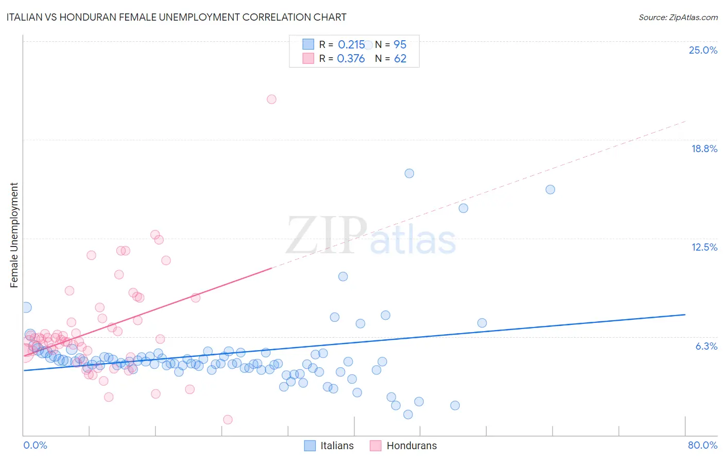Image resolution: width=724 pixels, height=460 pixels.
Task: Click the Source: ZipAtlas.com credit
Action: [x=678, y=17]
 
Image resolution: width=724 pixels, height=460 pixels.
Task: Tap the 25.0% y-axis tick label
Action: [x=703, y=50]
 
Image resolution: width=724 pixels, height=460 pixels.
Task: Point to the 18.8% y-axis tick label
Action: [x=704, y=149]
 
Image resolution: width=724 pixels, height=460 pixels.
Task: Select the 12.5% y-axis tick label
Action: [x=704, y=247]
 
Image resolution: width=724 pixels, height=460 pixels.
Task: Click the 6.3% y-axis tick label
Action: [x=706, y=346]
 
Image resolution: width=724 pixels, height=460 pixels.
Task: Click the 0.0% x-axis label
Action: [x=35, y=445]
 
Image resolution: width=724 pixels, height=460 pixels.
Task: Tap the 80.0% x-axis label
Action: [x=702, y=445]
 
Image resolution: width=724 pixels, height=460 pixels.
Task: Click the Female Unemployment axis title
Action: [x=14, y=235]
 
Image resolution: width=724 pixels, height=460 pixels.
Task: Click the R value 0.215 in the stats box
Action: [x=351, y=45]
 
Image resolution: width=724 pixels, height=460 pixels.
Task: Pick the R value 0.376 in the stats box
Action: [x=351, y=59]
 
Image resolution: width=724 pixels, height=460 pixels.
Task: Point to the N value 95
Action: [x=400, y=45]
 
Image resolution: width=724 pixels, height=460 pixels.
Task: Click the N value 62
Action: [x=400, y=59]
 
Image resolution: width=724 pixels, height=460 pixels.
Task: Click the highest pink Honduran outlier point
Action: [x=271, y=99]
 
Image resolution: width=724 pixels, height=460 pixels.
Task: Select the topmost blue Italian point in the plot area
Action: [x=368, y=45]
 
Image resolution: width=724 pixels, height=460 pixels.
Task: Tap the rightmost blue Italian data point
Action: [x=550, y=189]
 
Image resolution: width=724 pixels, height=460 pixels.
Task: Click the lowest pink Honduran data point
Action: [x=228, y=420]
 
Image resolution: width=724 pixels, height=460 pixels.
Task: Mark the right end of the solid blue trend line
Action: [x=685, y=315]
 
